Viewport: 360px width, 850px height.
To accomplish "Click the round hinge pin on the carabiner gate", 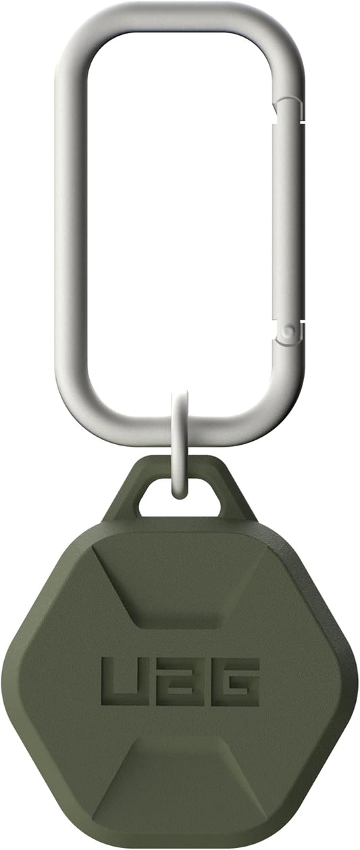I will [x=289, y=331].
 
